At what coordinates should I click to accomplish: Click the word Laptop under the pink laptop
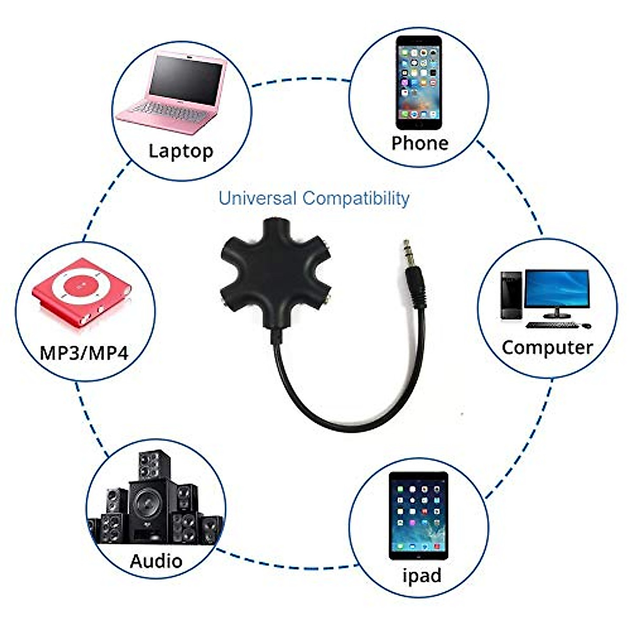(x=181, y=151)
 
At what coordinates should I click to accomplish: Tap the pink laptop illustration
(x=174, y=89)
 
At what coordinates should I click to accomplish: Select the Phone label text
(x=420, y=143)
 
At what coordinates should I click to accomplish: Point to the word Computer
(x=547, y=348)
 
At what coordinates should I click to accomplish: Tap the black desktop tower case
(x=511, y=296)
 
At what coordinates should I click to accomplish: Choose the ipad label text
(x=422, y=575)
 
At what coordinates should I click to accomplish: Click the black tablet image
(x=419, y=515)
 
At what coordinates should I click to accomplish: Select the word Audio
(x=156, y=561)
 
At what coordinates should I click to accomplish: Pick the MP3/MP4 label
(x=84, y=352)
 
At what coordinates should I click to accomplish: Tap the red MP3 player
(x=82, y=292)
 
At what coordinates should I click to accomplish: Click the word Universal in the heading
(x=258, y=199)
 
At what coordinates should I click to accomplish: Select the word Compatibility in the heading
(x=356, y=199)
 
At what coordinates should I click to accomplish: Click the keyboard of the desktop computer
(x=552, y=325)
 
